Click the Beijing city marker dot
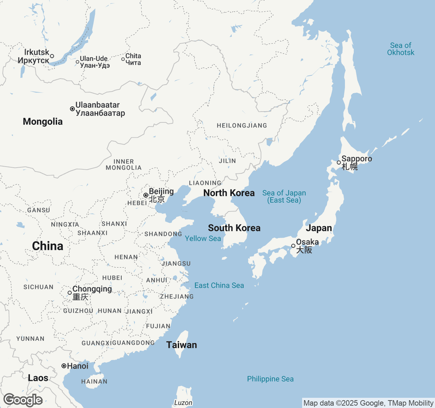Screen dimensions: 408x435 (x=145, y=195)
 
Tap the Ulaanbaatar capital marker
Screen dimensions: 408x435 (x=72, y=109)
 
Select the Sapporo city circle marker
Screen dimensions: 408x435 (x=339, y=163)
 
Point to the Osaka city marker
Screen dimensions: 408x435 (x=293, y=246)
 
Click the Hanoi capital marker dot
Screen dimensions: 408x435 (x=64, y=366)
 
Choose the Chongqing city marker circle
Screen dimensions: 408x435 (x=70, y=293)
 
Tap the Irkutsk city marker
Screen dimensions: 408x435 (x=52, y=56)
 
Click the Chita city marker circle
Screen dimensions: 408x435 (x=123, y=59)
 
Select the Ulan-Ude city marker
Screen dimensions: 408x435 (x=77, y=62)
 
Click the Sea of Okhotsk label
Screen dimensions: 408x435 (x=401, y=49)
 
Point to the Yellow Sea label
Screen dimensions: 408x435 (x=203, y=239)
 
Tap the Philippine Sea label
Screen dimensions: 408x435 (x=270, y=379)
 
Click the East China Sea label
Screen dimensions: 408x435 (x=219, y=286)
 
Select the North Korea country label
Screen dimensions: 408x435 (x=229, y=193)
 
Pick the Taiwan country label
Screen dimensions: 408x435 (x=181, y=345)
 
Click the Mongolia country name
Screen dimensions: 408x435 (x=43, y=122)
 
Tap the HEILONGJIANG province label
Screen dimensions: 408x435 (x=242, y=126)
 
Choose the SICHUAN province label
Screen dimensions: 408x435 (x=38, y=287)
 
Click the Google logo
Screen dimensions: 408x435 (x=23, y=400)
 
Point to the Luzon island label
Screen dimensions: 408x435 (x=183, y=403)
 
